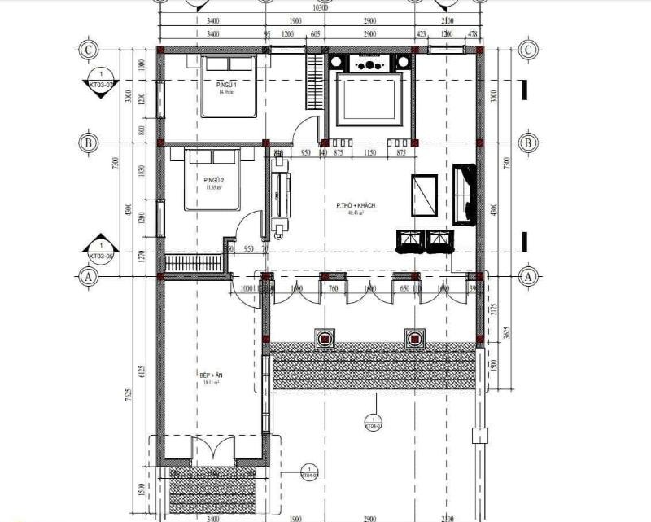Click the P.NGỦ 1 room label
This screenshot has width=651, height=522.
coord(225,86)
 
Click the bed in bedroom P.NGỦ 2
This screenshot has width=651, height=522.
coord(212,180)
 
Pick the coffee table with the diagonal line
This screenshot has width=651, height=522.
coord(424,195)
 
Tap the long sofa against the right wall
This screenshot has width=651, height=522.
coord(465,193)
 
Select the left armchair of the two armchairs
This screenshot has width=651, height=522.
coord(410,241)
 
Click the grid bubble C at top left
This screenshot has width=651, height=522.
coord(89,50)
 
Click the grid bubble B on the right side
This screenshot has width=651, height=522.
coord(529,143)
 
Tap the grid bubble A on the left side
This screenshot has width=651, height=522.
coord(89,277)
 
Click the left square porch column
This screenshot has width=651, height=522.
coord(325,338)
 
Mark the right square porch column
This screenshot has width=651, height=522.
coord(416,338)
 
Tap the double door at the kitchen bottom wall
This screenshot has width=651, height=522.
coord(212,452)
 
